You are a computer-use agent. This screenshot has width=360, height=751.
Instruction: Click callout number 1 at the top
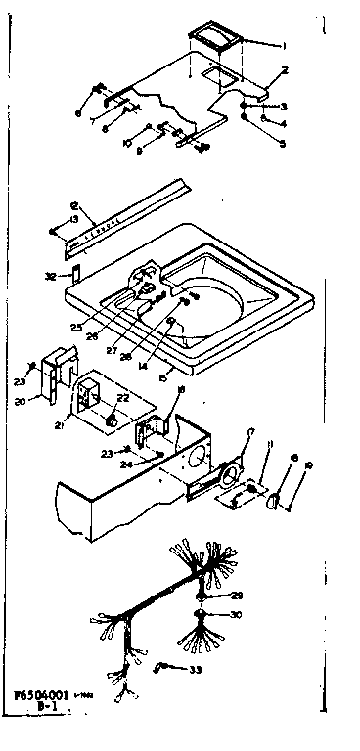pos(283,46)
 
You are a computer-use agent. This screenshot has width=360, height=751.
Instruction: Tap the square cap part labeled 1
pos(214,39)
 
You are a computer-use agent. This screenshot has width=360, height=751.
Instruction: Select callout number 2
pos(284,70)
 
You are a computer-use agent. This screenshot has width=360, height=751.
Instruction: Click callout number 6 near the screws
pos(77,112)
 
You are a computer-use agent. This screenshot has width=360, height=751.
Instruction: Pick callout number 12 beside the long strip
pos(73,205)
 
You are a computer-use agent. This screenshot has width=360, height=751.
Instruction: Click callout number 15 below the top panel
pos(162,373)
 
